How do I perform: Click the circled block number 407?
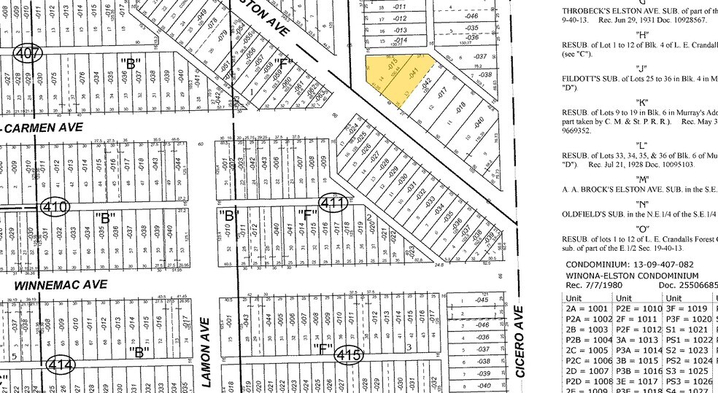coord(27,53)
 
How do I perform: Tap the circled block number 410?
coord(55,207)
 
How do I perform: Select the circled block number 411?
coord(332,203)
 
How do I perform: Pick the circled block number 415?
coord(349,354)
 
